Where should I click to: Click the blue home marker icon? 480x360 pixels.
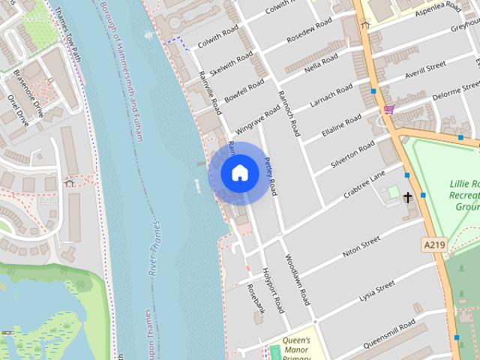click(239, 172)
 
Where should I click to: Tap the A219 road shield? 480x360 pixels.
click(433, 244)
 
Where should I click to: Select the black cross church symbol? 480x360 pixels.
click(409, 198)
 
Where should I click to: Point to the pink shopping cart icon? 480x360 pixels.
click(388, 109)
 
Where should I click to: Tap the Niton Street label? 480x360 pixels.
click(361, 248)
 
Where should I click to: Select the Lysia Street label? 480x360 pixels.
click(376, 291)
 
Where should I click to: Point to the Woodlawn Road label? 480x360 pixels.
click(297, 279)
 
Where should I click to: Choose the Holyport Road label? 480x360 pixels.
click(274, 290)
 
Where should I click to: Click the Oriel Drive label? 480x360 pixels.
click(16, 107)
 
